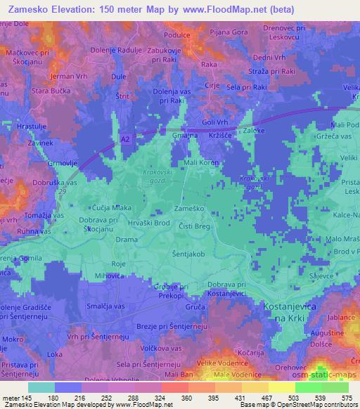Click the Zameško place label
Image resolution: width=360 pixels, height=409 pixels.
point(186,210)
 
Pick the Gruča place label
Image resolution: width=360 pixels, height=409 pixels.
point(196,309)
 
